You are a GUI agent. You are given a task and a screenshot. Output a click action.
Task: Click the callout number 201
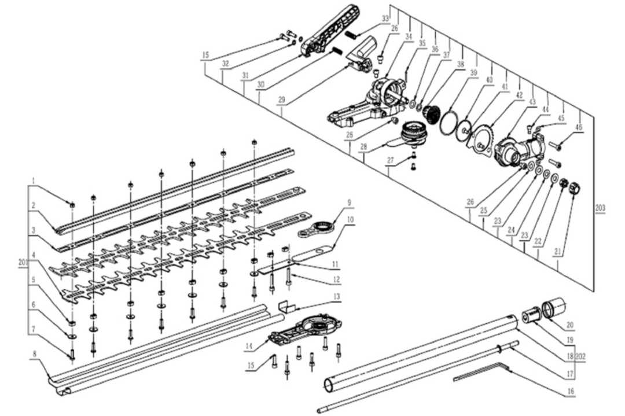click(x=24, y=262)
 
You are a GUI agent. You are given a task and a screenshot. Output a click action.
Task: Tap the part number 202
click(x=581, y=357)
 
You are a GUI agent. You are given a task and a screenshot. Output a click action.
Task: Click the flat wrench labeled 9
click(x=317, y=227)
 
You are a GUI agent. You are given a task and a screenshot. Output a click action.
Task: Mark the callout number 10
click(x=350, y=220)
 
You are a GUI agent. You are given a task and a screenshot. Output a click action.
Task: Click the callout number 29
click(x=282, y=100)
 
